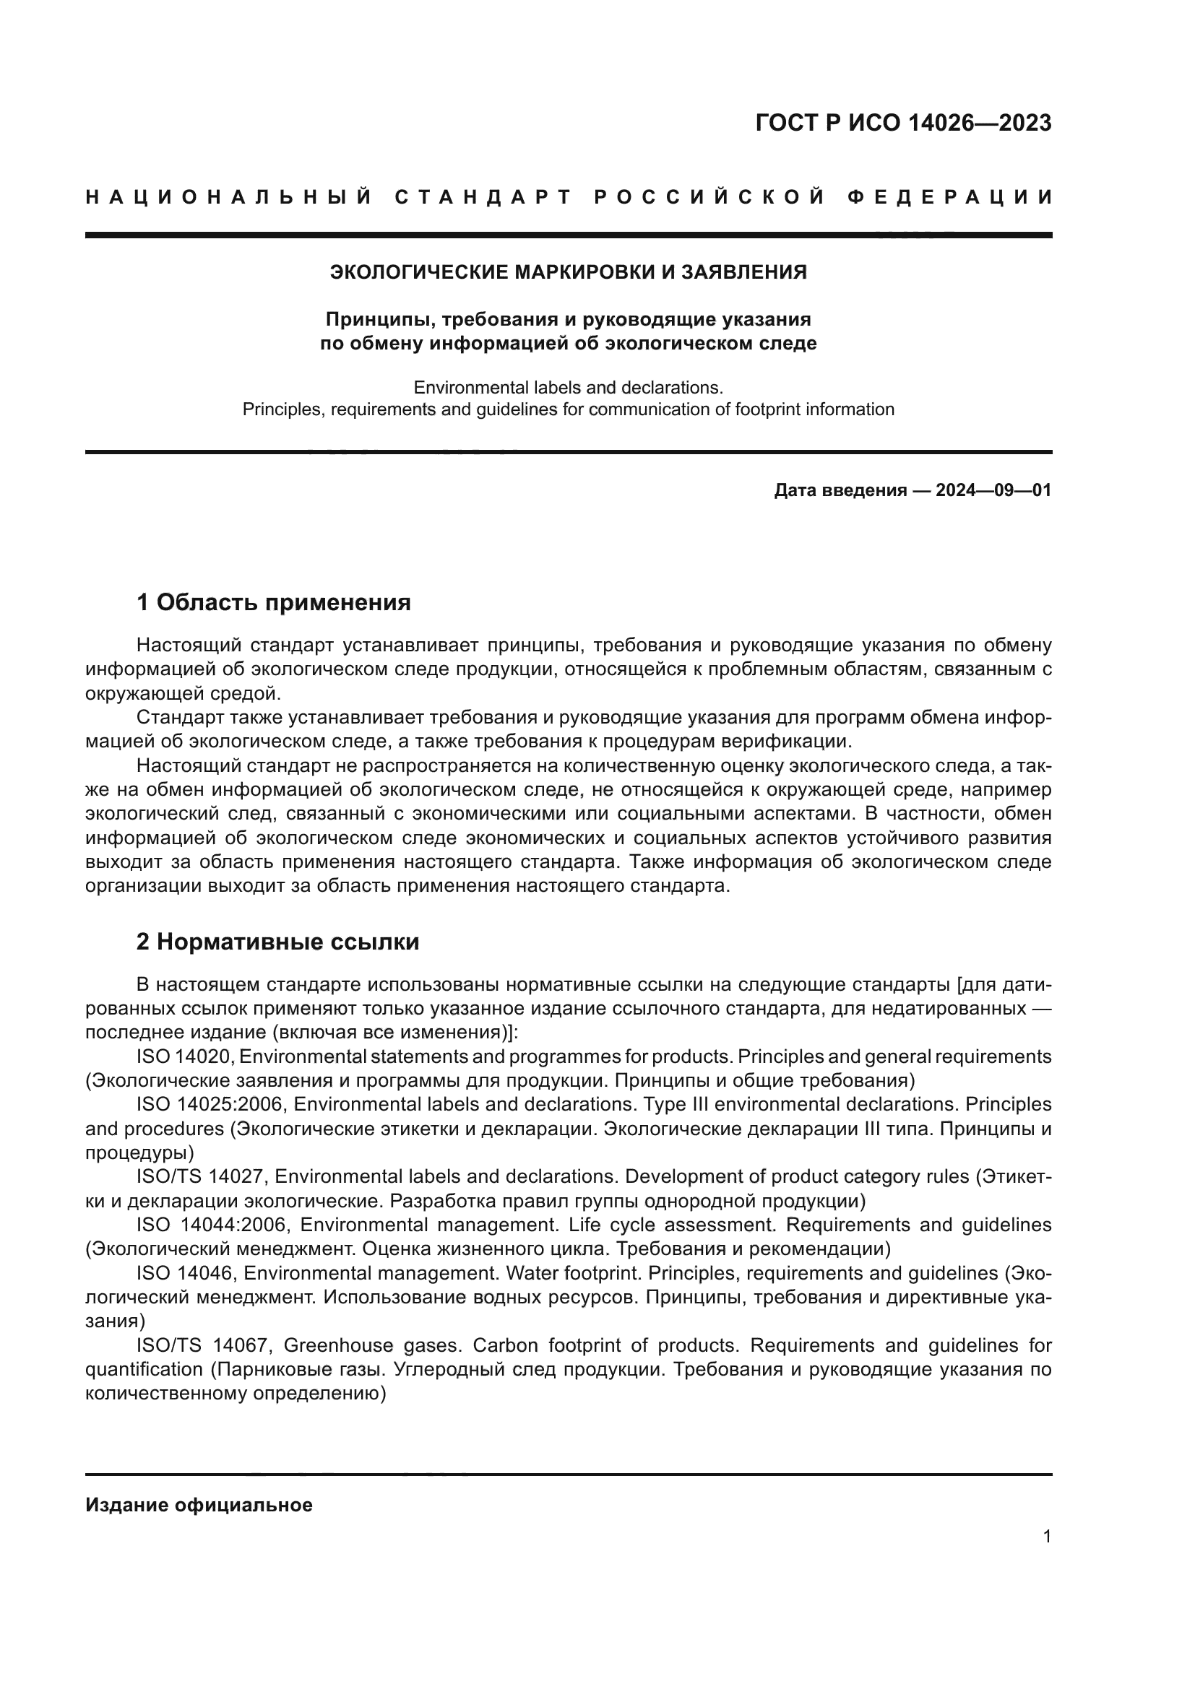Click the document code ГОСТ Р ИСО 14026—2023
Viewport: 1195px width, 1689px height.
[x=903, y=123]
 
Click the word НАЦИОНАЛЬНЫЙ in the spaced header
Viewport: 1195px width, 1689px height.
[x=229, y=197]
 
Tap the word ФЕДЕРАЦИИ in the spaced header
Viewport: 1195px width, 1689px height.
[x=949, y=197]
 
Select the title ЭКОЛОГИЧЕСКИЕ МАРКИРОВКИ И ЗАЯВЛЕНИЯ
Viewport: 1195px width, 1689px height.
[x=568, y=272]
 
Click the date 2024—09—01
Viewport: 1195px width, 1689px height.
[x=993, y=490]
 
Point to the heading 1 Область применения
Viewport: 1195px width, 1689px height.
[x=273, y=602]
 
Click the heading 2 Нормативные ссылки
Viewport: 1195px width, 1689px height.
[x=277, y=942]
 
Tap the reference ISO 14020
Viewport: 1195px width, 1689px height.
[x=185, y=1056]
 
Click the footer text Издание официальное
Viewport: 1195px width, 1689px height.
[x=199, y=1505]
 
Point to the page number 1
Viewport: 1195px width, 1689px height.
[x=1046, y=1537]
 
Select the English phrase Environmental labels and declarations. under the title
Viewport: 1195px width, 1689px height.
[x=568, y=387]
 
